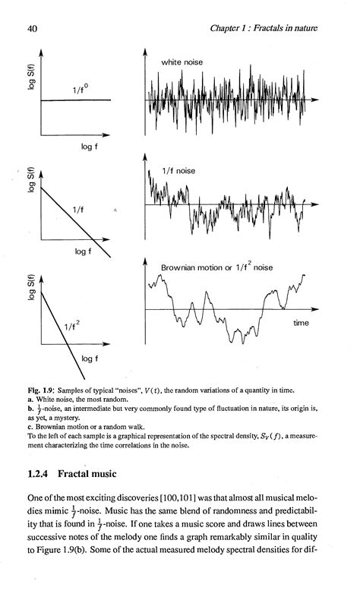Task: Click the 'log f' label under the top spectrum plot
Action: pos(91,147)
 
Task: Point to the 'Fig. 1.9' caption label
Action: pos(41,390)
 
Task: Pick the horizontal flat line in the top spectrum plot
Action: pos(76,100)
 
